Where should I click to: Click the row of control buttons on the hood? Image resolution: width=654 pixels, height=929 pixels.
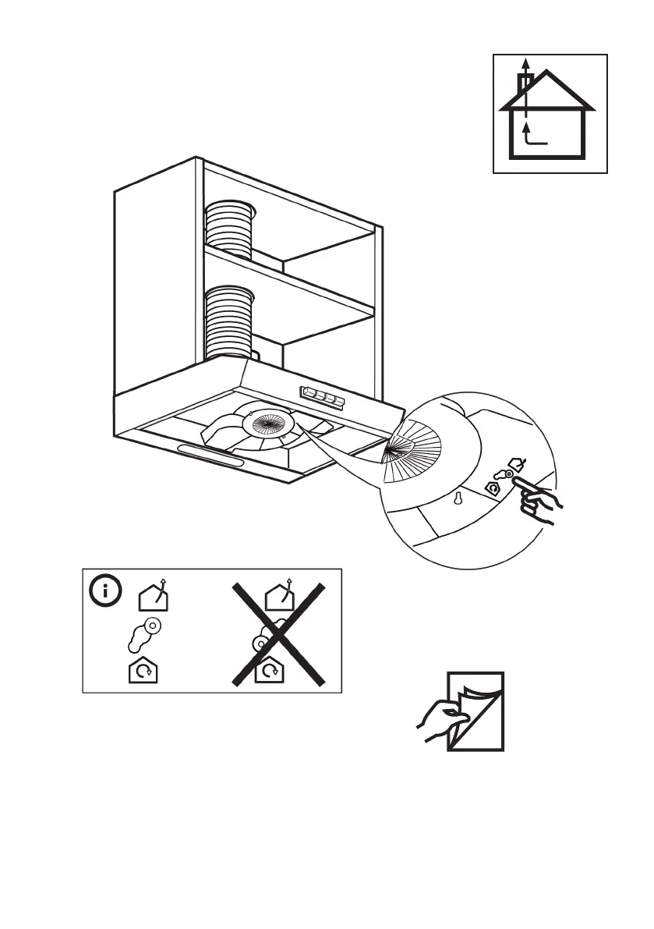(320, 396)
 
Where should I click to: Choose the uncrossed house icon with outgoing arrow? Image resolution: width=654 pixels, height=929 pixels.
(153, 597)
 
